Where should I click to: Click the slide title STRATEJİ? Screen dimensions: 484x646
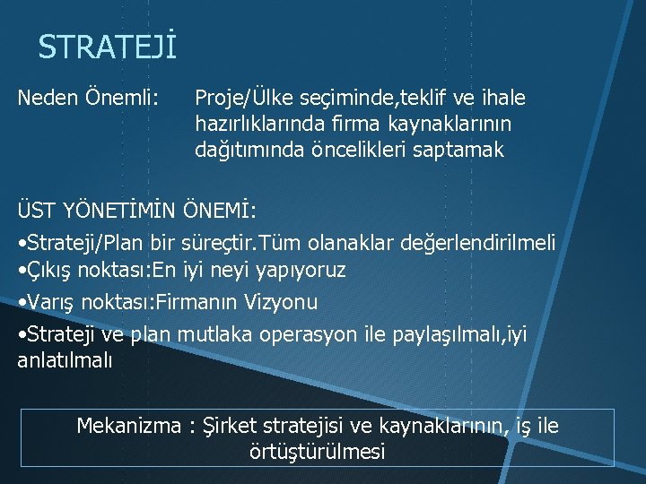[x=107, y=48]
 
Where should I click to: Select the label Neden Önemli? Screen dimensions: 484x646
[x=89, y=97]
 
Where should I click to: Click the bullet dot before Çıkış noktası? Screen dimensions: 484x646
[x=22, y=270]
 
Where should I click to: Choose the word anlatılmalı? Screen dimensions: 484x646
[x=65, y=361]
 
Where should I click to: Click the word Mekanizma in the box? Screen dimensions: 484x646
[x=128, y=426]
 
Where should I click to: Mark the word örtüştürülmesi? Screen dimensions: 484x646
[x=317, y=452]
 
